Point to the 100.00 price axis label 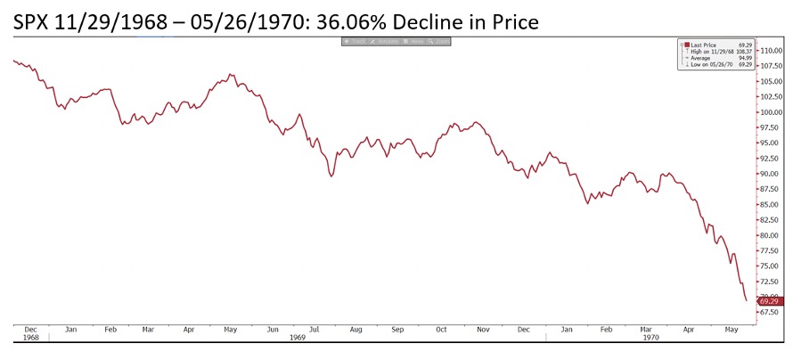(770, 113)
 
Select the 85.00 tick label (770, 205)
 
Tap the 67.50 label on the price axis (770, 312)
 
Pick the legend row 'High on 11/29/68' (713, 51)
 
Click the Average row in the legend (705, 58)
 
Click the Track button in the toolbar (357, 42)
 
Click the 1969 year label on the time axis (297, 338)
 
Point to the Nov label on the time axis (482, 329)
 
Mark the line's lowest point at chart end (746, 301)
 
